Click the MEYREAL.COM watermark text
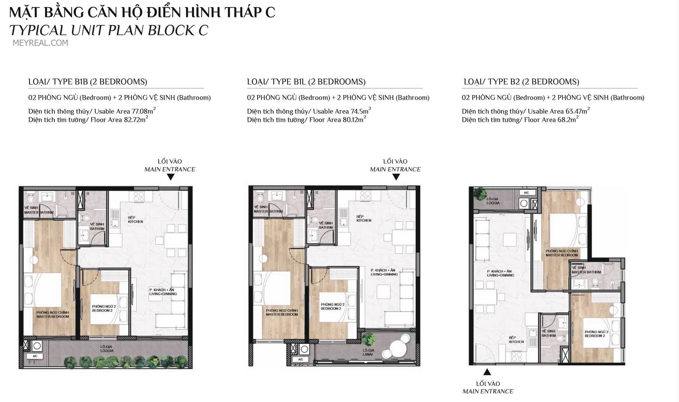(40, 43)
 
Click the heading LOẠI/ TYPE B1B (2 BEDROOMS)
(88, 82)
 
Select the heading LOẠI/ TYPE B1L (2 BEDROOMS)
(306, 82)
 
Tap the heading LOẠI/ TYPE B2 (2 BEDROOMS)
(521, 82)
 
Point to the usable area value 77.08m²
(144, 111)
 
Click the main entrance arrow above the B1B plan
(171, 177)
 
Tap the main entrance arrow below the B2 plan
(487, 372)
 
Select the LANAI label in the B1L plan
(368, 354)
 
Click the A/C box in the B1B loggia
(35, 356)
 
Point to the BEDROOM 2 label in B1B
(101, 310)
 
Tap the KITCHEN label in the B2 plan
(516, 342)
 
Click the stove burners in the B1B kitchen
(138, 196)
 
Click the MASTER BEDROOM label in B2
(561, 255)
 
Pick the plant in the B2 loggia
(480, 194)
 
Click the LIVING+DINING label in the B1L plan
(384, 274)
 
